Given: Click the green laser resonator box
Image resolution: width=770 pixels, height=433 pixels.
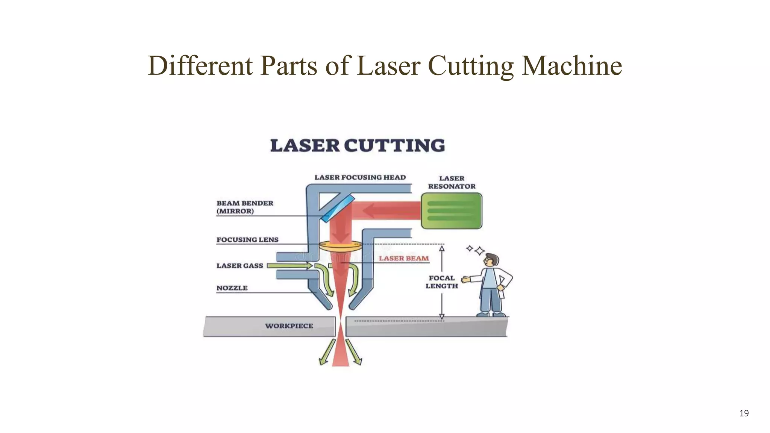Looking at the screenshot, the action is [451, 211].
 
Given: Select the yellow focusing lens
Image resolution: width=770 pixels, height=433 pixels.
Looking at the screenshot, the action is [340, 247].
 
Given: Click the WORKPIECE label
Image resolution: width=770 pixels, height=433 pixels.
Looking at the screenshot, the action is [289, 326].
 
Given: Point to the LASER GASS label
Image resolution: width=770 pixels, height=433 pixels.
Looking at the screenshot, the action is [239, 266].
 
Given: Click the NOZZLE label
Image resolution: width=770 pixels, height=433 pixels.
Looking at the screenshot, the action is [232, 288].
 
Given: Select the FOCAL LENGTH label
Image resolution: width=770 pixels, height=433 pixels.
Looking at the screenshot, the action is [441, 282].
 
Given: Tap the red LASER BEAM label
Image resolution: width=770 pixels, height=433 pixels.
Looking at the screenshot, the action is [403, 259].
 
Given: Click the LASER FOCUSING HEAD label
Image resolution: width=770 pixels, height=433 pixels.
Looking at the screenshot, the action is [360, 177].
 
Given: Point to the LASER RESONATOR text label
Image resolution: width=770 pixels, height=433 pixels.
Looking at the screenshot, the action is [452, 182].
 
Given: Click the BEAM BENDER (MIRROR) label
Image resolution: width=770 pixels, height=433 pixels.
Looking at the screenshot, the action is [244, 207].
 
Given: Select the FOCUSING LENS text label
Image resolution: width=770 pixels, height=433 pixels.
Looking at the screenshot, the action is [247, 240].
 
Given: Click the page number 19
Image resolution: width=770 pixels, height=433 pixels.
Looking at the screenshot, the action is [744, 413].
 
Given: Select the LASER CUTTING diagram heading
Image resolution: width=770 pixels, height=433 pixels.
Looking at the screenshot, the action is [357, 146].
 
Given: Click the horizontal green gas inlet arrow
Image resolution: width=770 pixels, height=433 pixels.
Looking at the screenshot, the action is [290, 266].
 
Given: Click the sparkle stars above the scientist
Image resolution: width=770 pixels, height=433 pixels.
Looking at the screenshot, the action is [476, 250].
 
